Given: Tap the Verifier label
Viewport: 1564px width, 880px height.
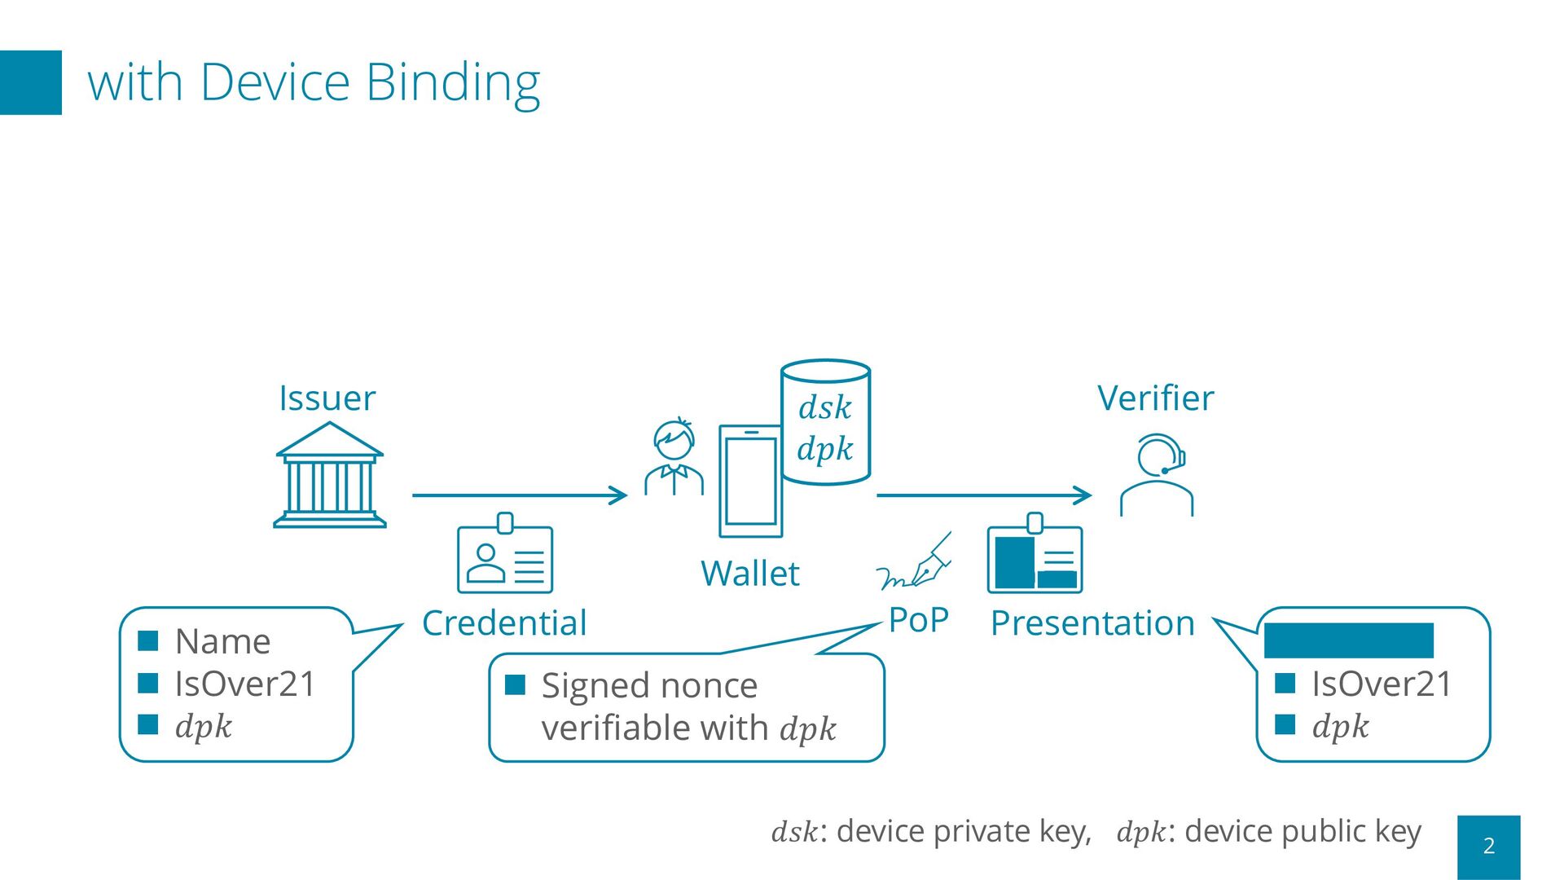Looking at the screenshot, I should (1155, 398).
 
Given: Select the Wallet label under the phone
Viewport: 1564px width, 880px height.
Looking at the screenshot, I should (749, 574).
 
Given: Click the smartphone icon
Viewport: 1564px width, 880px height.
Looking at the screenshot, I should (750, 482).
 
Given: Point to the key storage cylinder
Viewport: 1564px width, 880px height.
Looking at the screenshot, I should (825, 422).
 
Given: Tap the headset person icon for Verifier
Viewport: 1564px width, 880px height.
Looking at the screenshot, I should (1158, 475).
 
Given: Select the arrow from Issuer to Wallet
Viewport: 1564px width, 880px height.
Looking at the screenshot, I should (520, 495).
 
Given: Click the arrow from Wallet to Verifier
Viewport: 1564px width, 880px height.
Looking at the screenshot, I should (984, 495).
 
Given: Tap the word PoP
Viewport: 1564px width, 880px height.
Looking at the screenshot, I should (918, 620).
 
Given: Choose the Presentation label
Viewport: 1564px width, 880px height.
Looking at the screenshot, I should (1092, 623).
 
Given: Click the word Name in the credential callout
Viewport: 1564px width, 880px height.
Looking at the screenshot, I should (222, 642).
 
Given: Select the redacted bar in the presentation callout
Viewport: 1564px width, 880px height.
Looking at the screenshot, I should (1348, 640).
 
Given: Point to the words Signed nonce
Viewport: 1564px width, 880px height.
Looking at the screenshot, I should (649, 686).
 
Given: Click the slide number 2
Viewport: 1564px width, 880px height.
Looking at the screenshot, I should (1488, 846).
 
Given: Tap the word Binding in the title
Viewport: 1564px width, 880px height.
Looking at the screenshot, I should (453, 82).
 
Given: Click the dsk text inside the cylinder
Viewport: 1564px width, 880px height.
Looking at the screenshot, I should (824, 407).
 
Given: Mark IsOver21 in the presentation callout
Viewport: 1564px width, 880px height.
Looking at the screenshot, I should (1382, 684).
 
